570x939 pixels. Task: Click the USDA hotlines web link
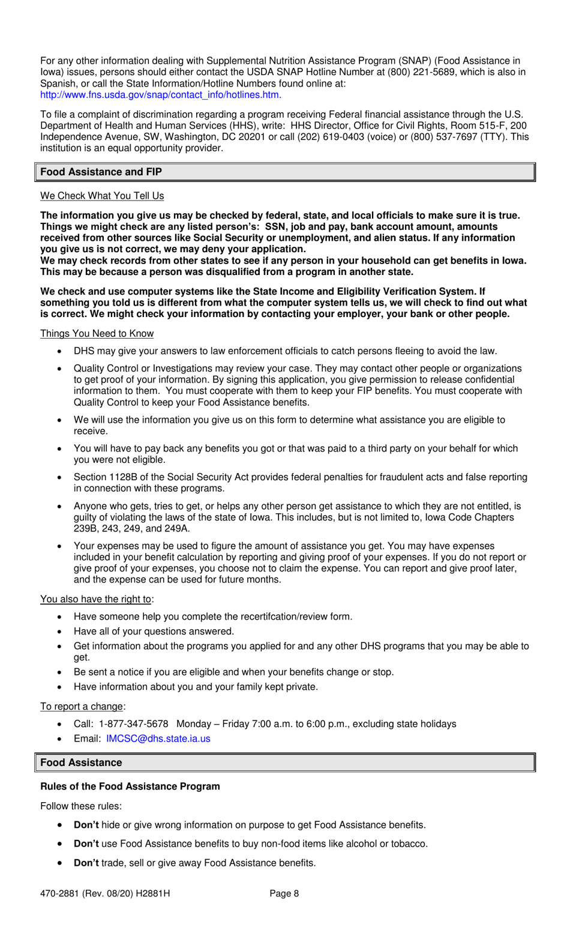160,95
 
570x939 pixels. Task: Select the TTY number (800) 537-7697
443,137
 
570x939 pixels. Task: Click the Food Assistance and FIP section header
101,172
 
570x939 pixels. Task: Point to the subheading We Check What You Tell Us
102,196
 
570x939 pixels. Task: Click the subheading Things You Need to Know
97,334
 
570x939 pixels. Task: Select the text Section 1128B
103,477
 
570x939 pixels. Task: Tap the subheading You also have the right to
95,599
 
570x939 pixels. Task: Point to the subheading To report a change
82,707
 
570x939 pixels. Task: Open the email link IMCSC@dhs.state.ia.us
158,739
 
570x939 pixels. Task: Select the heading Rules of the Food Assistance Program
130,787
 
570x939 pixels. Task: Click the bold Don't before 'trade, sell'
86,863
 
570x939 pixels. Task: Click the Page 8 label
284,894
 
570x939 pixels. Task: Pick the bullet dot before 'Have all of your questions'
59,632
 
